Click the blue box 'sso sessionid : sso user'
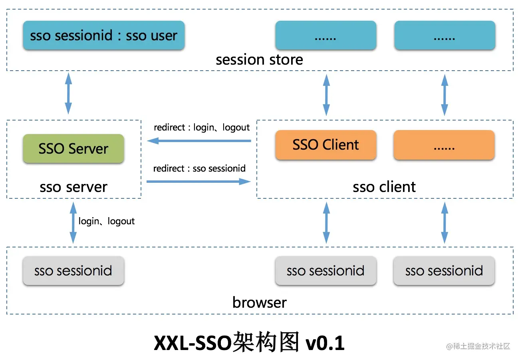click(x=103, y=36)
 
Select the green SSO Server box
click(x=73, y=148)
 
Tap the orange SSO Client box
click(x=325, y=144)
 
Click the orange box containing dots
click(x=444, y=145)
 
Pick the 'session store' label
click(x=259, y=60)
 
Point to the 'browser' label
click(x=259, y=302)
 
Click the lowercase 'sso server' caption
click(x=73, y=187)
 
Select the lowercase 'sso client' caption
click(x=384, y=187)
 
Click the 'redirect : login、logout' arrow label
click(x=202, y=128)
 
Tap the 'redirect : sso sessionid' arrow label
click(x=199, y=168)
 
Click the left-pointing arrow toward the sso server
click(x=198, y=140)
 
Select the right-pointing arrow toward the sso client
click(x=198, y=182)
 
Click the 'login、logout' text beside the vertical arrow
click(x=107, y=221)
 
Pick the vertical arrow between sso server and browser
click(x=73, y=222)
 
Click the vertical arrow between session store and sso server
click(x=68, y=93)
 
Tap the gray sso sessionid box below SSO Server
click(x=73, y=271)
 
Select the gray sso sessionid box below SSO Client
click(x=325, y=271)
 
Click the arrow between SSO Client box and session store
click(x=326, y=95)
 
